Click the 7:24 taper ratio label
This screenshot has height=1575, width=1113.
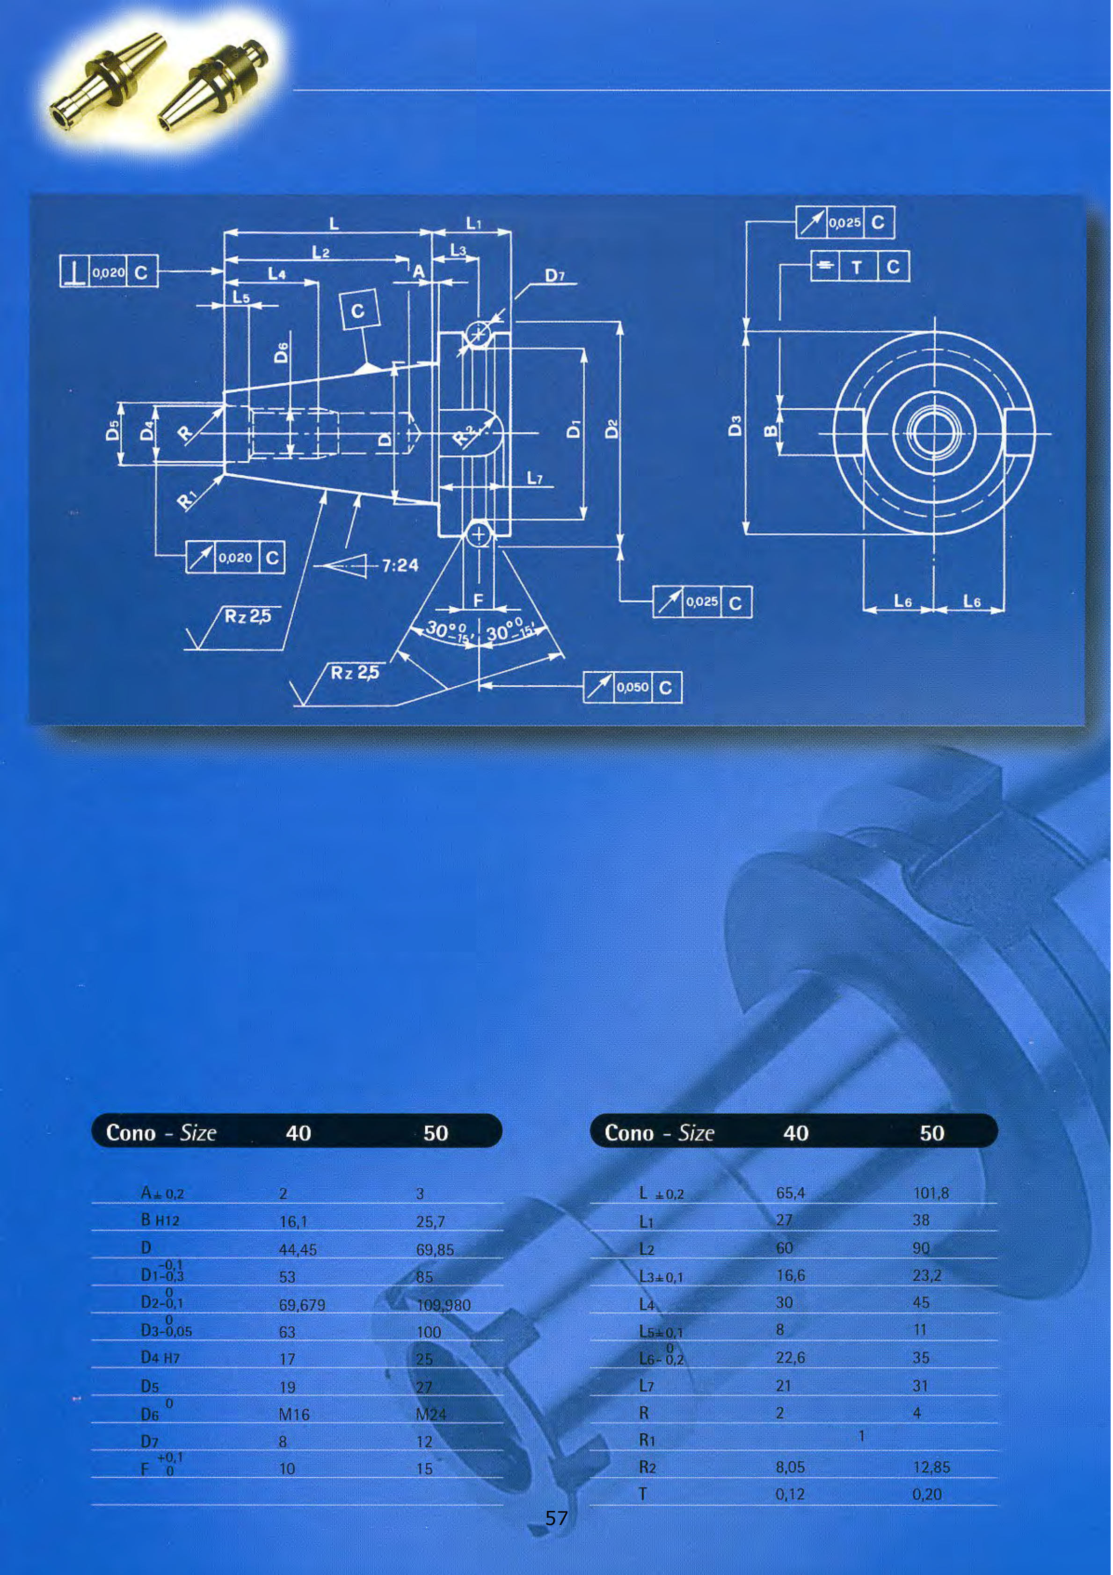click(x=400, y=565)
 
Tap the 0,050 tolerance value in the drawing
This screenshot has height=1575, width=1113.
click(x=632, y=687)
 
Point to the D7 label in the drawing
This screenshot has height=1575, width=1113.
click(x=554, y=276)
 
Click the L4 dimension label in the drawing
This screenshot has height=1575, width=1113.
click(x=276, y=274)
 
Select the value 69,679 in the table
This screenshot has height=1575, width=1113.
click(x=302, y=1305)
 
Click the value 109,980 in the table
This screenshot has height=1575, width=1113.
click(x=443, y=1305)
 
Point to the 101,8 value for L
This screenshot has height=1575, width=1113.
click(x=931, y=1193)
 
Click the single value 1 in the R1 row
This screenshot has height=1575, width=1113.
click(x=861, y=1436)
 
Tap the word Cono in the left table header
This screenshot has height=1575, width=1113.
click(x=131, y=1132)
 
